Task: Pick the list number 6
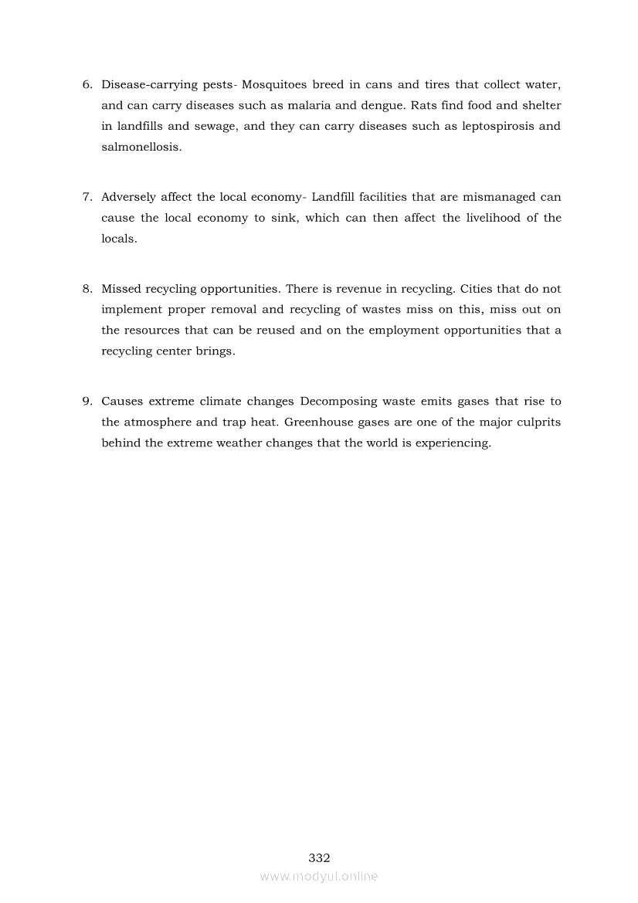coord(87,84)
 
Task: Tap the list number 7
coord(87,197)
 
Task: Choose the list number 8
coord(87,289)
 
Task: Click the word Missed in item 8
coord(120,289)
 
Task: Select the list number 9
coord(87,402)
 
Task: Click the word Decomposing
coord(337,402)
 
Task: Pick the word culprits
coord(537,423)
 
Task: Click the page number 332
coord(319,857)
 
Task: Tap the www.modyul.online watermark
coord(319,876)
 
